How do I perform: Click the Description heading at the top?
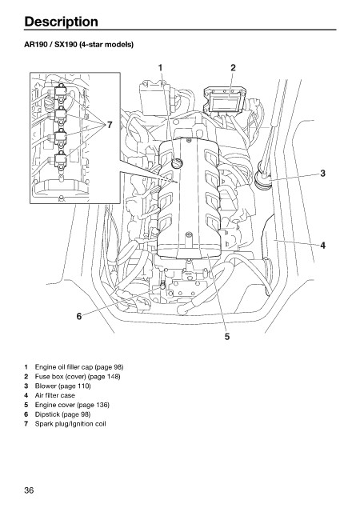(x=61, y=22)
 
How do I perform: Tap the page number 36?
(x=29, y=490)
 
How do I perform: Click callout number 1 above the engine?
(x=160, y=67)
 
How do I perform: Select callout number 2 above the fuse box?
(x=233, y=67)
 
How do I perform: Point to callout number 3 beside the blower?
(x=322, y=173)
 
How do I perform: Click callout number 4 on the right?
(x=322, y=246)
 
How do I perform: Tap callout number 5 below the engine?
(x=227, y=336)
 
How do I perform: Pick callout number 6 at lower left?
(x=79, y=316)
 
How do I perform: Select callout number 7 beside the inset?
(x=110, y=125)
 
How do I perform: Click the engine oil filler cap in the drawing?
(x=178, y=162)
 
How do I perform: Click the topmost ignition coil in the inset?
(x=61, y=93)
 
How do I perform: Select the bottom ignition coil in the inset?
(x=61, y=160)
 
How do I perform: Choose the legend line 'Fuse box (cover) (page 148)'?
(x=78, y=377)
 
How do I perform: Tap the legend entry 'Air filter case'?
(x=55, y=395)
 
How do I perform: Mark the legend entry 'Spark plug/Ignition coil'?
(x=70, y=424)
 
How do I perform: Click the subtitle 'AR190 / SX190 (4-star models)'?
(x=78, y=45)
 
